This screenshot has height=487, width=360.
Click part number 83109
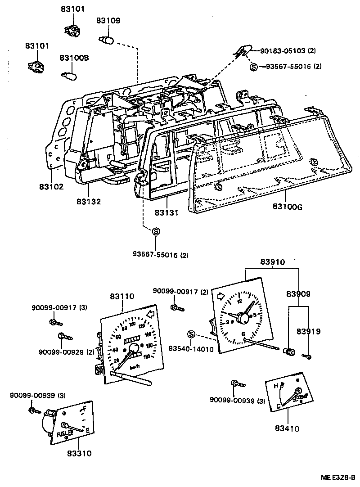pyautogui.click(x=108, y=20)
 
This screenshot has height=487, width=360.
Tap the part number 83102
pyautogui.click(x=51, y=187)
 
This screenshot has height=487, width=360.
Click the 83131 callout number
pyautogui.click(x=166, y=212)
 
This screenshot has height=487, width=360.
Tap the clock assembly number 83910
pyautogui.click(x=272, y=262)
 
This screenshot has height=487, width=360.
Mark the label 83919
pyautogui.click(x=308, y=331)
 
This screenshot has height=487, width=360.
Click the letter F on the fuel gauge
pyautogui.click(x=84, y=410)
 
